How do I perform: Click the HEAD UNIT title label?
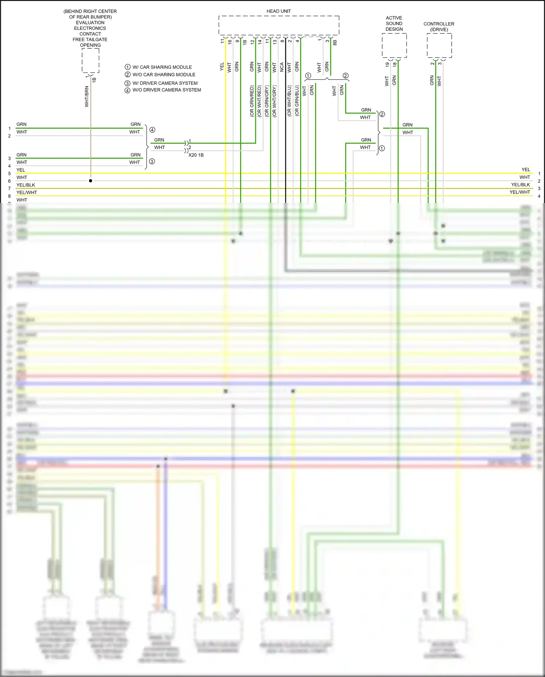tap(278, 11)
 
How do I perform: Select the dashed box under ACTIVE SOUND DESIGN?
tap(394, 45)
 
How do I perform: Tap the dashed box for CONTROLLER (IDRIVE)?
tap(439, 45)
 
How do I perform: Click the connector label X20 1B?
tap(196, 155)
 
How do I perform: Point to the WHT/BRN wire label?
tap(86, 96)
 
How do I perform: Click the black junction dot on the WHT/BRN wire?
tap(90, 181)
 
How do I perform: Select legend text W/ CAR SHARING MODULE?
tap(162, 67)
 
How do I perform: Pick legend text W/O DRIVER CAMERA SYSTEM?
tap(166, 90)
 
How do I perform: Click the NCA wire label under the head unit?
tap(282, 67)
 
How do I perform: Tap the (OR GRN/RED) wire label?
tap(251, 101)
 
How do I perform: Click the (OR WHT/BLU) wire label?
tap(289, 101)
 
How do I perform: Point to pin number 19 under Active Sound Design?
tap(387, 64)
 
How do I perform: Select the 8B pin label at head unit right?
tap(335, 42)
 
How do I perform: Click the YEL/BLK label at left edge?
tap(26, 185)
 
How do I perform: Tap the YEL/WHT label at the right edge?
tap(520, 192)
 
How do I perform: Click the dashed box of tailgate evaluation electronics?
tap(90, 60)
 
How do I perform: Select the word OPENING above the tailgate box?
tap(90, 45)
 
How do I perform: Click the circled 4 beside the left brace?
tap(152, 130)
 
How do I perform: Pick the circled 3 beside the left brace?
tap(152, 162)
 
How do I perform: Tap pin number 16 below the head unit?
tap(230, 42)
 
